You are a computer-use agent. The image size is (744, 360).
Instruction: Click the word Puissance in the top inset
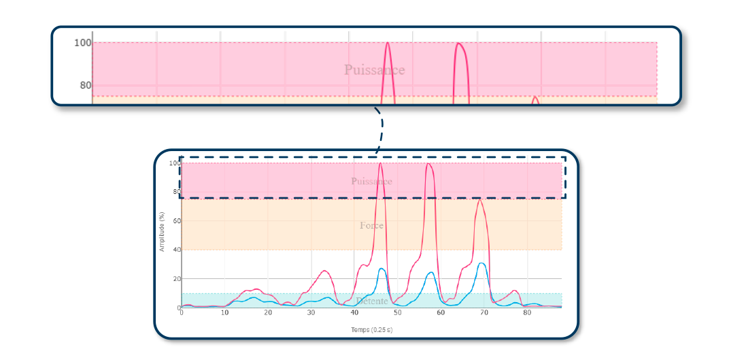374,70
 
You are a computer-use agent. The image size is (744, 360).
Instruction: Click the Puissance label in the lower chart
371,182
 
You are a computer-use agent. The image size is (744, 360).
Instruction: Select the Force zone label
371,225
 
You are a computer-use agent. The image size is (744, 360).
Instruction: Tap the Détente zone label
371,301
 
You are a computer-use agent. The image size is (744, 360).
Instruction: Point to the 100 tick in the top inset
82,43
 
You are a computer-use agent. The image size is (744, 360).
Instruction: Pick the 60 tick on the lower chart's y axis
175,221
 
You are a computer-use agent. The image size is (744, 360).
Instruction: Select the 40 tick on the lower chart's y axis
175,250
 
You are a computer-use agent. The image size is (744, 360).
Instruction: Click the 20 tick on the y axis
175,279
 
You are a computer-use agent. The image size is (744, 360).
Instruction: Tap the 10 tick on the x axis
224,313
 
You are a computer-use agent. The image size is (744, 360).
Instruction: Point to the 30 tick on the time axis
311,313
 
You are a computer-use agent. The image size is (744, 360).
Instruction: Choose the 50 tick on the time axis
397,313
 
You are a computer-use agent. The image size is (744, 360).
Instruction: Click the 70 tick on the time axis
484,313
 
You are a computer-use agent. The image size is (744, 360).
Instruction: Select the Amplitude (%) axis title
162,232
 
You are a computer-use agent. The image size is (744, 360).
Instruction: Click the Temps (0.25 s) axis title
371,330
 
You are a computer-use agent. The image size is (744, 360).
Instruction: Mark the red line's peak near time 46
380,163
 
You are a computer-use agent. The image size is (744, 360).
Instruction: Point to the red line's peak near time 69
479,199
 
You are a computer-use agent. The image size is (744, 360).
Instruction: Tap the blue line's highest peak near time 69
481,263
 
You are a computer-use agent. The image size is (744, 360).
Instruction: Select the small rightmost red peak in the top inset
535,97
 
